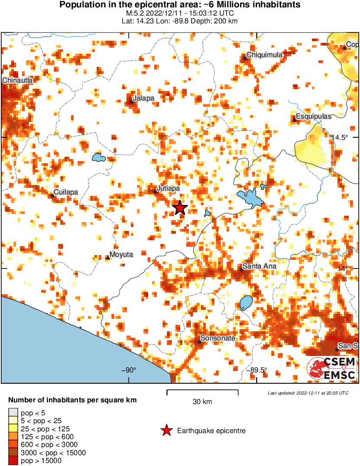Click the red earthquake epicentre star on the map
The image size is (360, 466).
pyautogui.click(x=180, y=208)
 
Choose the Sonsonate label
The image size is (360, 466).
pyautogui.click(x=218, y=338)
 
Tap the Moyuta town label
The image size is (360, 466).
pyautogui.click(x=121, y=254)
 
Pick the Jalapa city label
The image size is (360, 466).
pyautogui.click(x=143, y=98)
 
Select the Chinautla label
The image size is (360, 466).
pyautogui.click(x=17, y=80)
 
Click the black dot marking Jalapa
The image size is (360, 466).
pyautogui.click(x=131, y=102)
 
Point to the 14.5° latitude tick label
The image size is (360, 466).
pyautogui.click(x=340, y=137)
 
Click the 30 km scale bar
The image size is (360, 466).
pyautogui.click(x=202, y=392)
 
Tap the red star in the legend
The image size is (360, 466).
pyautogui.click(x=166, y=430)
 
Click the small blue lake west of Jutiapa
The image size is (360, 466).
pyautogui.click(x=99, y=157)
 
